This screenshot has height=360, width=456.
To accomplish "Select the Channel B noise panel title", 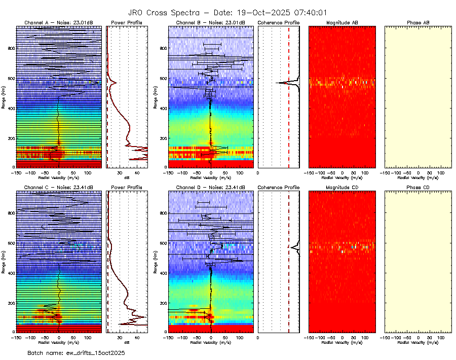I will [211, 23].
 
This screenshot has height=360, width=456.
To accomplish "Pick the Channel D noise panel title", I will [211, 188].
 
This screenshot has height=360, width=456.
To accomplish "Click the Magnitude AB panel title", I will [343, 23].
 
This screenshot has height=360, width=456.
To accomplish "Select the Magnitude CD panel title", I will [343, 188].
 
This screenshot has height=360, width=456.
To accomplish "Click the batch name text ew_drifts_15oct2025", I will [76, 352].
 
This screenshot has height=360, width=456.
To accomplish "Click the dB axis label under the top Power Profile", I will [127, 178].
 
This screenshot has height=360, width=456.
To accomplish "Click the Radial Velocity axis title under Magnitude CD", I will [343, 343].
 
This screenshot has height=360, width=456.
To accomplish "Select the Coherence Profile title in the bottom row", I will [279, 188].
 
